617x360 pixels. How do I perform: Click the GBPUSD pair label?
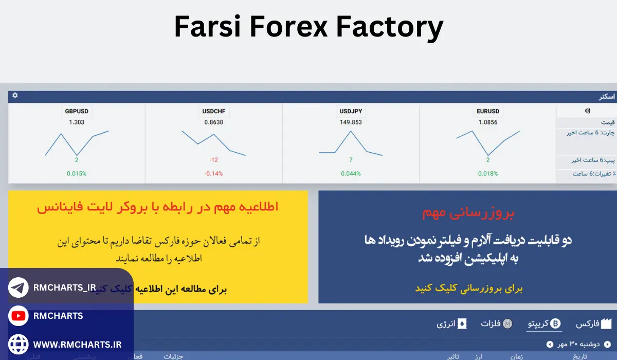(x=77, y=111)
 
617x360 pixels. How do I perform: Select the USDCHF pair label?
(x=214, y=111)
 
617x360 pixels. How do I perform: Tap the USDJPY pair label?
(x=351, y=111)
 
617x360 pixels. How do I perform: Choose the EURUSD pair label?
(x=488, y=111)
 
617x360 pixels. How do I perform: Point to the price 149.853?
(x=351, y=122)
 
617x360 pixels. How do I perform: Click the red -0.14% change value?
(x=214, y=173)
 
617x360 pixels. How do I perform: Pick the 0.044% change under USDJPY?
(x=351, y=173)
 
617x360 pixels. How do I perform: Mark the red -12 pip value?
(x=214, y=160)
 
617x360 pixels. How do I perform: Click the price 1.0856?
(x=488, y=122)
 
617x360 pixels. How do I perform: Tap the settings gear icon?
(x=15, y=96)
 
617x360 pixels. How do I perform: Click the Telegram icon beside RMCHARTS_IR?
(x=19, y=288)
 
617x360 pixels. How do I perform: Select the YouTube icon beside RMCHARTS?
(x=19, y=316)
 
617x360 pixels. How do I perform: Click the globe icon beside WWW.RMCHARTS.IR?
(x=19, y=344)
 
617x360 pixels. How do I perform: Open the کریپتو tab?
(x=545, y=324)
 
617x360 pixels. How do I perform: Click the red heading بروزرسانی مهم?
(x=468, y=212)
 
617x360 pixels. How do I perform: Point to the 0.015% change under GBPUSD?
(x=77, y=173)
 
